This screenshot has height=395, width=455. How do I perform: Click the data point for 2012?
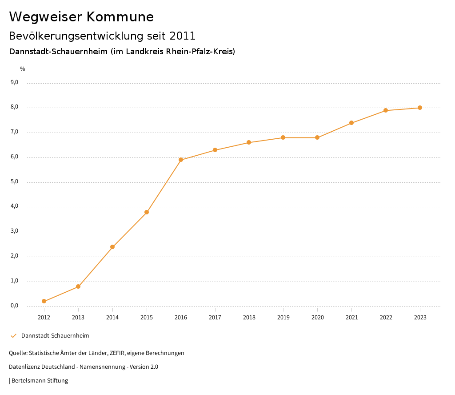(x=44, y=301)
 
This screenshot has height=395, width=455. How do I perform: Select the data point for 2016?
(x=181, y=160)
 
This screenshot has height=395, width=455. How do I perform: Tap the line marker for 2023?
(x=420, y=108)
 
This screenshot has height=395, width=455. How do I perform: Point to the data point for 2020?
(x=317, y=137)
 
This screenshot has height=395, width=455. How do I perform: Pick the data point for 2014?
(x=112, y=247)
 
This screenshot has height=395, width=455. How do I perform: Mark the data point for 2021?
(x=351, y=123)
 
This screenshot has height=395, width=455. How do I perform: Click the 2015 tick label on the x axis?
(x=147, y=317)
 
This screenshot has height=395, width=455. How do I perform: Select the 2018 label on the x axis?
(x=249, y=317)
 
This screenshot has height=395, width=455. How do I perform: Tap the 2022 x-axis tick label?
(x=386, y=317)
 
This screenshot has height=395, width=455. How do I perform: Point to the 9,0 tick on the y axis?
(x=15, y=82)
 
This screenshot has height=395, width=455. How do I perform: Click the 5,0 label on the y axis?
(x=15, y=181)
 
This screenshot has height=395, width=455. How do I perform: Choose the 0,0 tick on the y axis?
(x=15, y=306)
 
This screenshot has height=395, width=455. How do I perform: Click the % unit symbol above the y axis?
(x=23, y=69)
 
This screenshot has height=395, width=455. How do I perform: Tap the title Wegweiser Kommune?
(x=81, y=17)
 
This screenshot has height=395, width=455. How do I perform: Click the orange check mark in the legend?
(x=13, y=335)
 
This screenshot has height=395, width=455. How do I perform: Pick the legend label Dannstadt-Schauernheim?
(x=55, y=335)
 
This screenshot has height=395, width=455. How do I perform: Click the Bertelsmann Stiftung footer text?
(x=40, y=380)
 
